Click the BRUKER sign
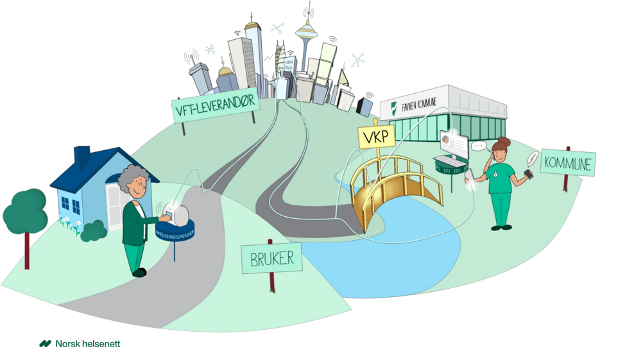click(x=272, y=259)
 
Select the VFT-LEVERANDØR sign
click(x=216, y=108)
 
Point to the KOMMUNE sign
click(x=567, y=163)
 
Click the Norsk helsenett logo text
click(x=87, y=344)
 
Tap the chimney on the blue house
click(x=82, y=156)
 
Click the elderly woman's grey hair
click(x=134, y=179)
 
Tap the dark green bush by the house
click(x=94, y=230)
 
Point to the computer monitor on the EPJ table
click(x=453, y=145)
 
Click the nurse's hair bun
click(x=504, y=142)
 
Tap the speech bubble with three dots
click(x=479, y=146)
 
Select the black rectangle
click(x=569, y=313)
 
